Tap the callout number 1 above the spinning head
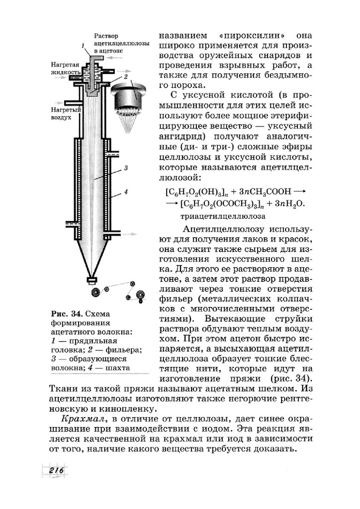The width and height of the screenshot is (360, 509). (x=83, y=46)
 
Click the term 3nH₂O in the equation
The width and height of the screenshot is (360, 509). (x=290, y=204)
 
